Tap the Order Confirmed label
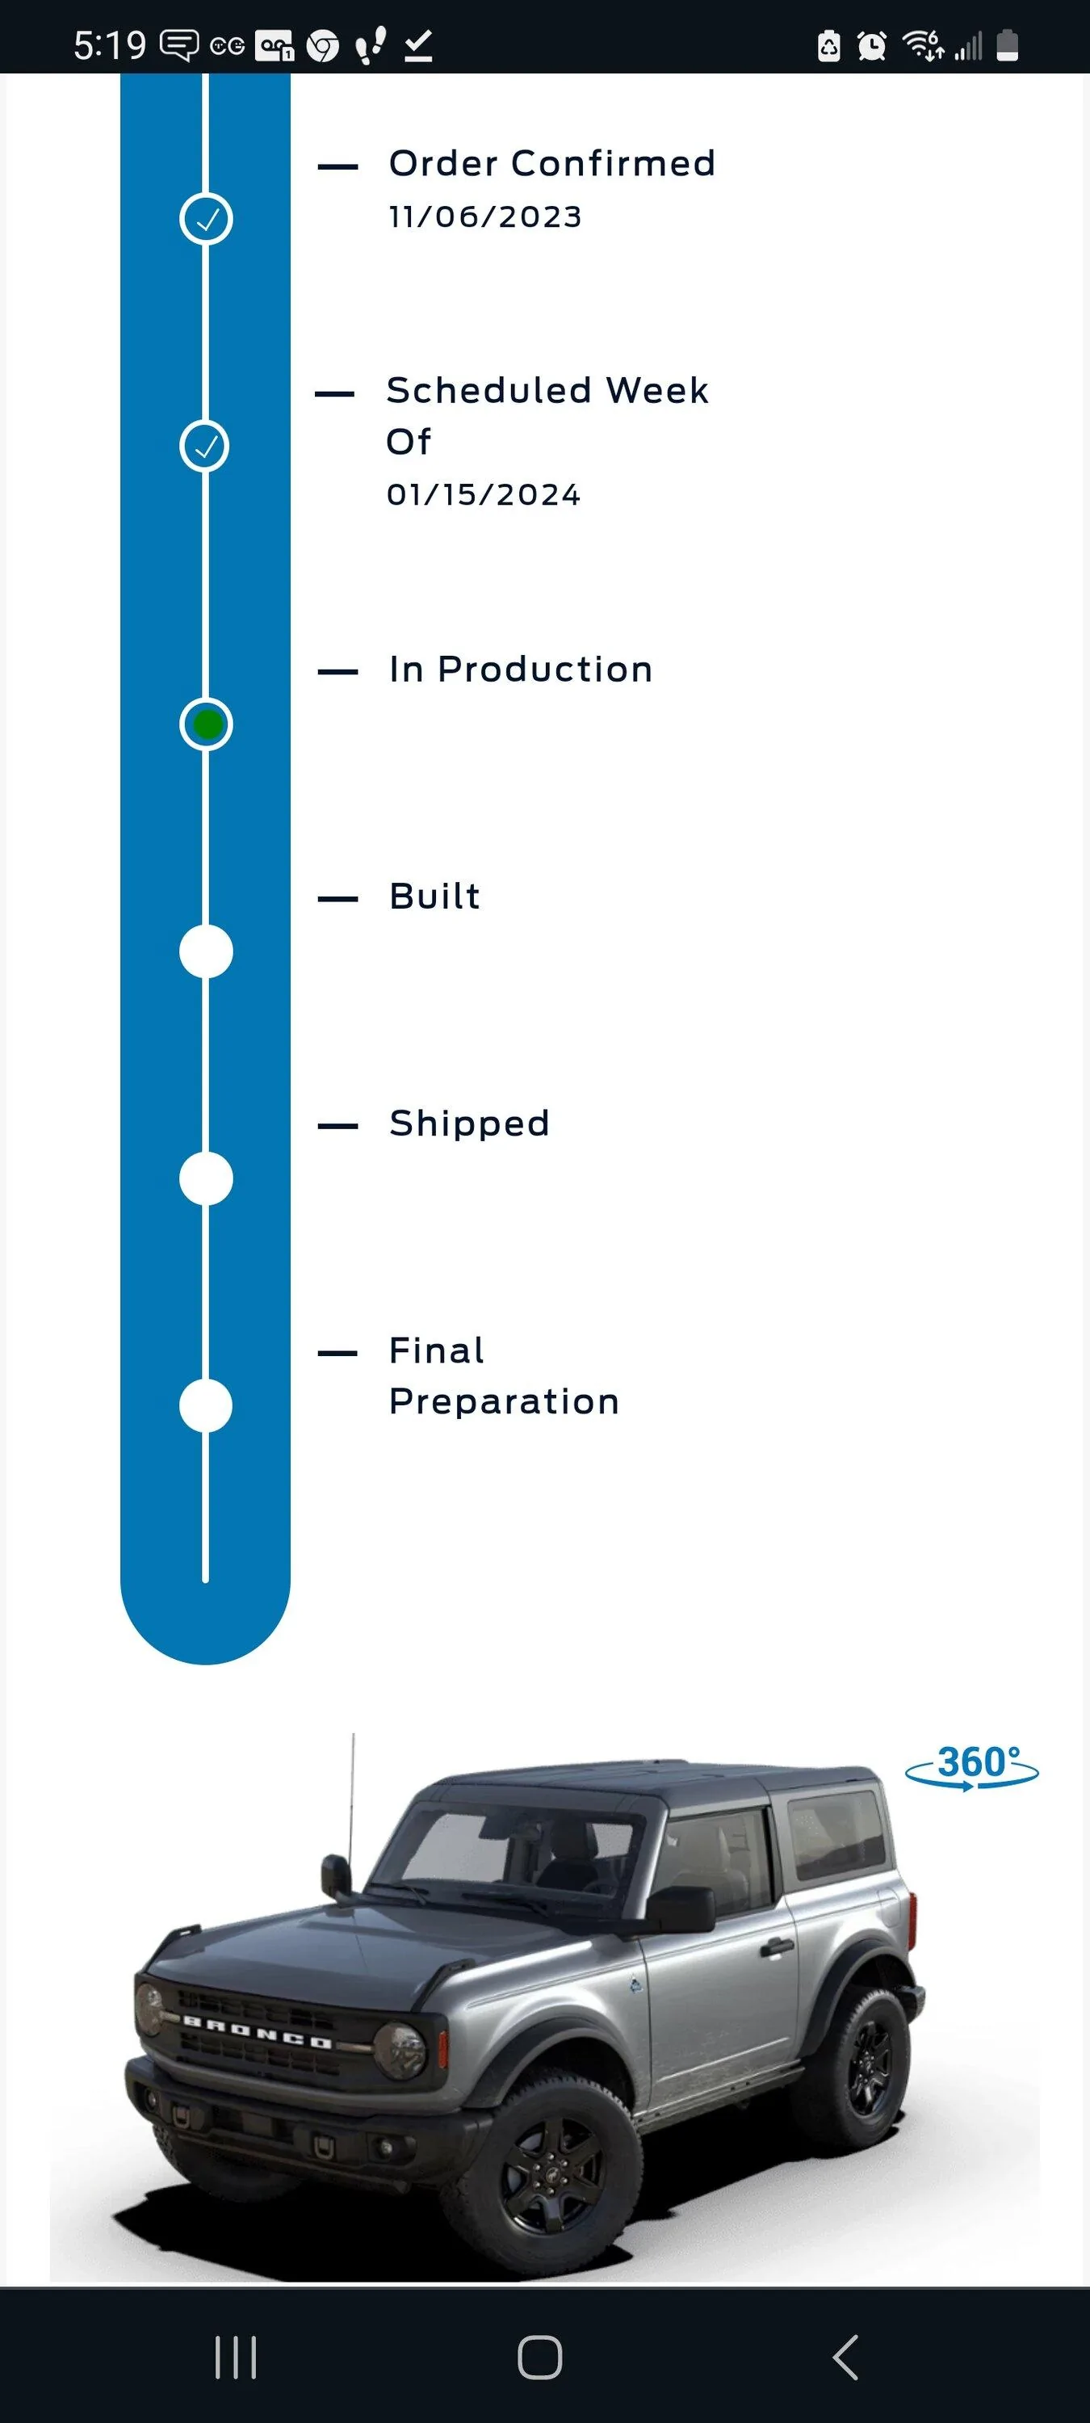coord(552,164)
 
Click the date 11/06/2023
coord(485,217)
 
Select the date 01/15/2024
coord(484,495)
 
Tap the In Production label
coord(521,670)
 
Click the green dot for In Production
coord(206,724)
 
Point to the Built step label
coord(434,897)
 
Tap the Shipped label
coord(469,1124)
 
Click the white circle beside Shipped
coord(206,1178)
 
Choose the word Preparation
coord(504,1402)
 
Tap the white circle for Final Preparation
coord(206,1405)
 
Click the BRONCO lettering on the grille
coord(257,2032)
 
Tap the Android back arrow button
coord(845,2357)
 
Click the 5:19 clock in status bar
coord(110,45)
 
